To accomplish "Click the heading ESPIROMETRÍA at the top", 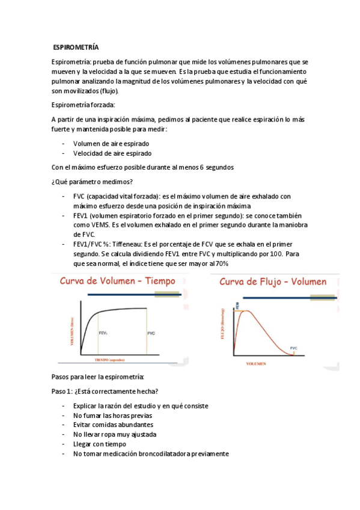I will pos(76,47).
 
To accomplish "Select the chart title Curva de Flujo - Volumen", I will pos(273,281).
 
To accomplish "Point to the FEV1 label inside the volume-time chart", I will pos(103,333).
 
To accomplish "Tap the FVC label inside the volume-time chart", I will pos(151,333).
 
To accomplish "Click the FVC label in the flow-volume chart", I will pos(293,348).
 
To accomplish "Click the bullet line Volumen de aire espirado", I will pos(111,144).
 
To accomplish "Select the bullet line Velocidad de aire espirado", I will pos(112,153).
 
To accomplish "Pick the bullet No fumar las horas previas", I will pos(112,416).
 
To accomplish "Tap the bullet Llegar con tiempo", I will pos(100,444).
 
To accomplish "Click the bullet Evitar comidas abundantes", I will pos(113,425).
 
